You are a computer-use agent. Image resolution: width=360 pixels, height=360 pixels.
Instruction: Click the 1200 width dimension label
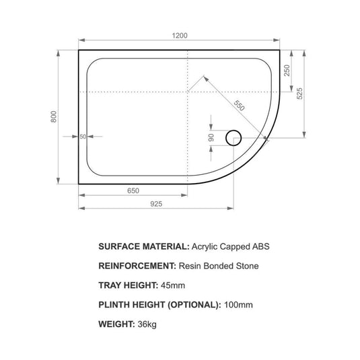(x=180, y=35)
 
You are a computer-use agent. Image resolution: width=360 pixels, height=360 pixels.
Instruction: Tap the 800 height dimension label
(x=55, y=116)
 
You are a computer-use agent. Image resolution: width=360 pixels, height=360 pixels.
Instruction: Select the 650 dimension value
(x=133, y=190)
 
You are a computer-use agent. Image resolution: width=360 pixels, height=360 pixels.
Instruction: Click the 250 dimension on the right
(x=287, y=71)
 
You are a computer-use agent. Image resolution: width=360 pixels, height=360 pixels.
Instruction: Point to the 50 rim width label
(x=83, y=136)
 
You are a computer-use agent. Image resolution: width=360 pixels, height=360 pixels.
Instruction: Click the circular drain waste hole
(x=233, y=137)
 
